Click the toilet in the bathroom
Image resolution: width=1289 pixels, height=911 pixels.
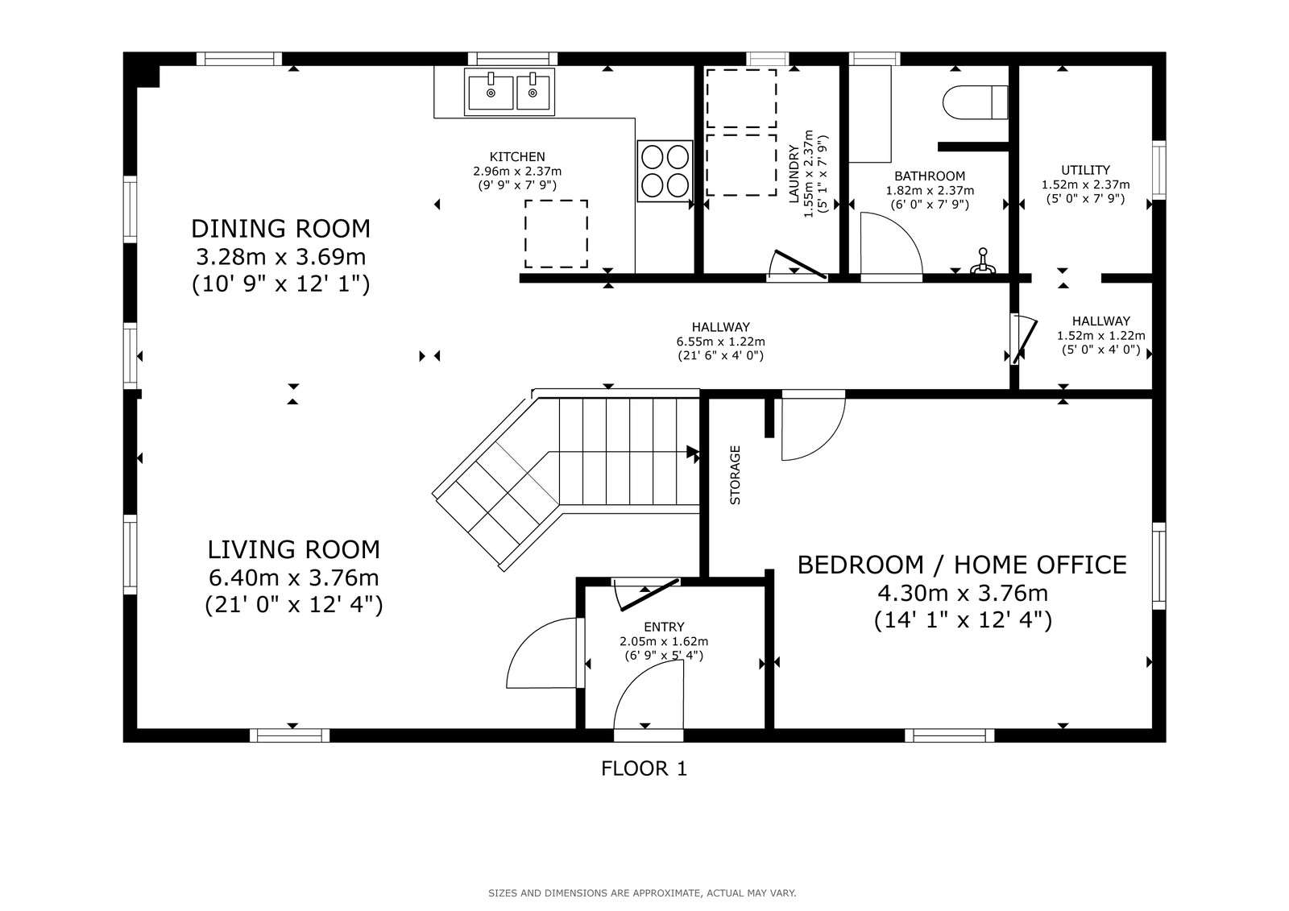click(x=975, y=102)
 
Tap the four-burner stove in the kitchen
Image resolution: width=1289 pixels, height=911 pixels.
click(x=665, y=171)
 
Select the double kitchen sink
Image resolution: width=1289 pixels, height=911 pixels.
click(x=509, y=92)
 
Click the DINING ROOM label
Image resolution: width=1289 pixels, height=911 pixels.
click(x=281, y=229)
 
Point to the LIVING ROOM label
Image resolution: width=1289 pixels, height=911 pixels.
click(x=293, y=549)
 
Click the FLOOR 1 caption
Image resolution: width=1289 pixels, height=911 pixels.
click(x=644, y=768)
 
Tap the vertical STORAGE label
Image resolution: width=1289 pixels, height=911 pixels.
click(x=735, y=475)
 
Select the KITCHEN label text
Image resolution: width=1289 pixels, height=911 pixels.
click(x=517, y=156)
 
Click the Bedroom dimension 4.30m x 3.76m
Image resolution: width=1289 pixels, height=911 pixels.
click(x=963, y=593)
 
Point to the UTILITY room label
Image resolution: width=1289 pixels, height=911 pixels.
click(x=1085, y=170)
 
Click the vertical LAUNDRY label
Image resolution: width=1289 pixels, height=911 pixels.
click(x=794, y=174)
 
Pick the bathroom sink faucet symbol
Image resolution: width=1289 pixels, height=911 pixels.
click(x=983, y=261)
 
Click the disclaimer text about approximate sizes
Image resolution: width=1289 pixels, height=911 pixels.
click(x=642, y=893)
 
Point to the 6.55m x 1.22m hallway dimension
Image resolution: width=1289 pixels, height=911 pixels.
click(x=720, y=342)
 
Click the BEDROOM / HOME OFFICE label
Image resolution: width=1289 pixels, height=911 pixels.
click(x=962, y=565)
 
